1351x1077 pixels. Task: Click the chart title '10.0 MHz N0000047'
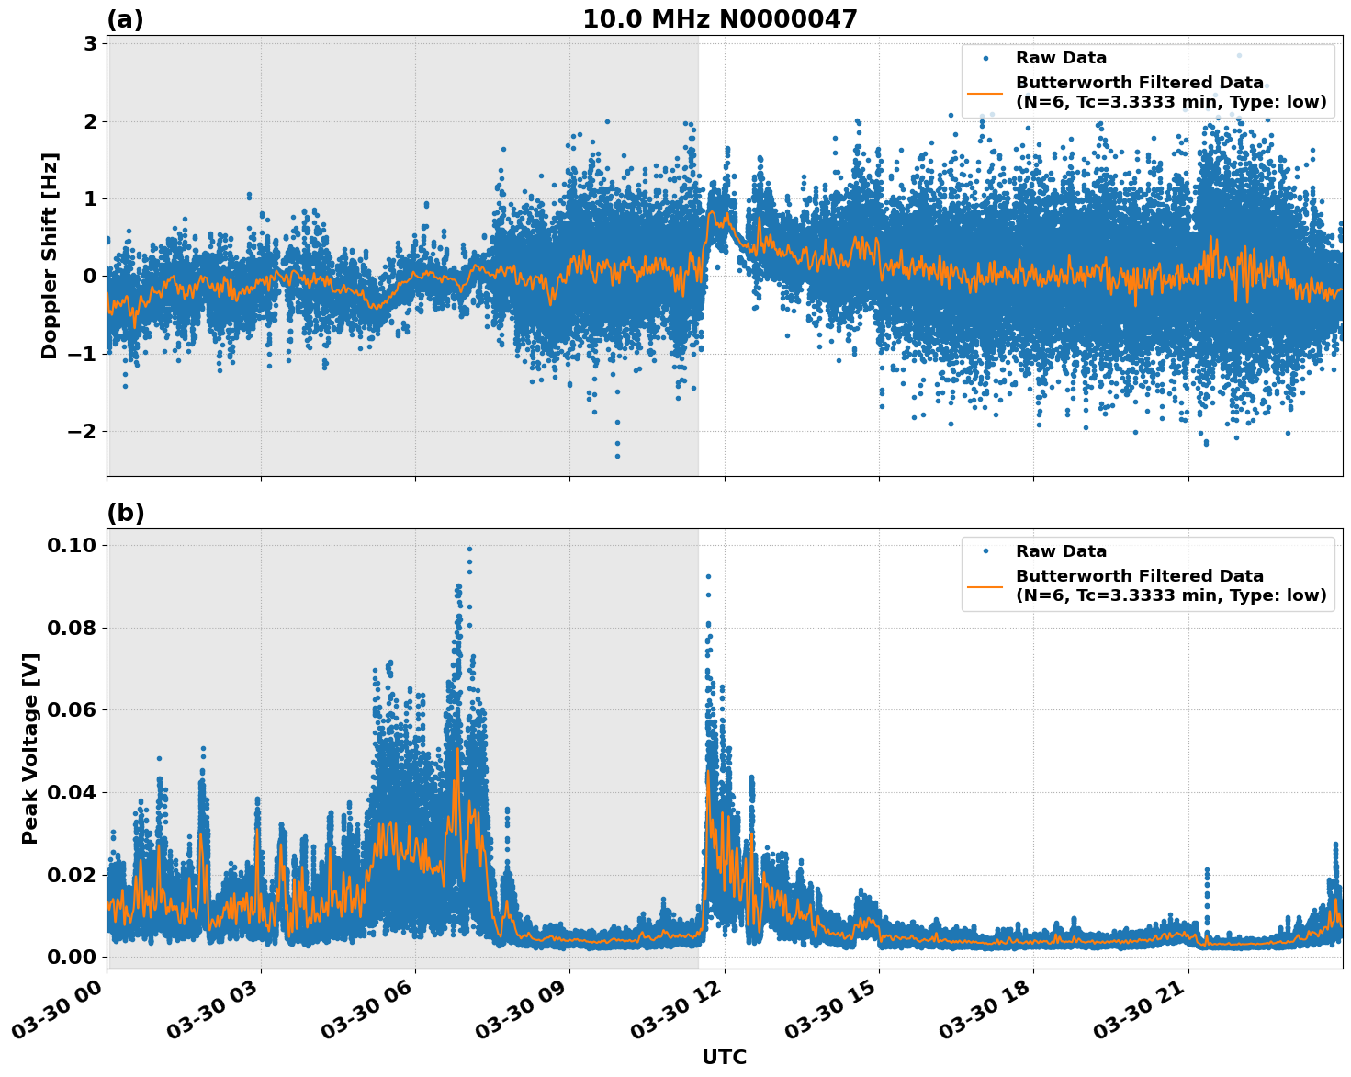pos(719,19)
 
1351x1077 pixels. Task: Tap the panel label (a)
pos(125,19)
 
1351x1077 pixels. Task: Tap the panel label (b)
pos(125,513)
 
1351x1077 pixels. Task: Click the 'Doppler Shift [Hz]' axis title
pos(50,255)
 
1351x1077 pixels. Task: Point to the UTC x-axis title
pos(724,1057)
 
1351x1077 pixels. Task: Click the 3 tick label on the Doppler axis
pos(90,44)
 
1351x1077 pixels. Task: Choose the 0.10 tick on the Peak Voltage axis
pos(71,546)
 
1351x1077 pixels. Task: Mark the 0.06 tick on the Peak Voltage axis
pos(71,710)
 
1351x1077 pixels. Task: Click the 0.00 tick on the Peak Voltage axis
pos(71,957)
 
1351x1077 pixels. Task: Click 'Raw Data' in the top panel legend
pos(1061,58)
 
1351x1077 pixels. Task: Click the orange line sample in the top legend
pos(985,92)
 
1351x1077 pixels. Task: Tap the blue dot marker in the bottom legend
pos(985,551)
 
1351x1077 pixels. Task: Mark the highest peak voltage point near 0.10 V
pos(469,550)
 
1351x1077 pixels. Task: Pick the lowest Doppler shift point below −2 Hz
pos(617,456)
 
